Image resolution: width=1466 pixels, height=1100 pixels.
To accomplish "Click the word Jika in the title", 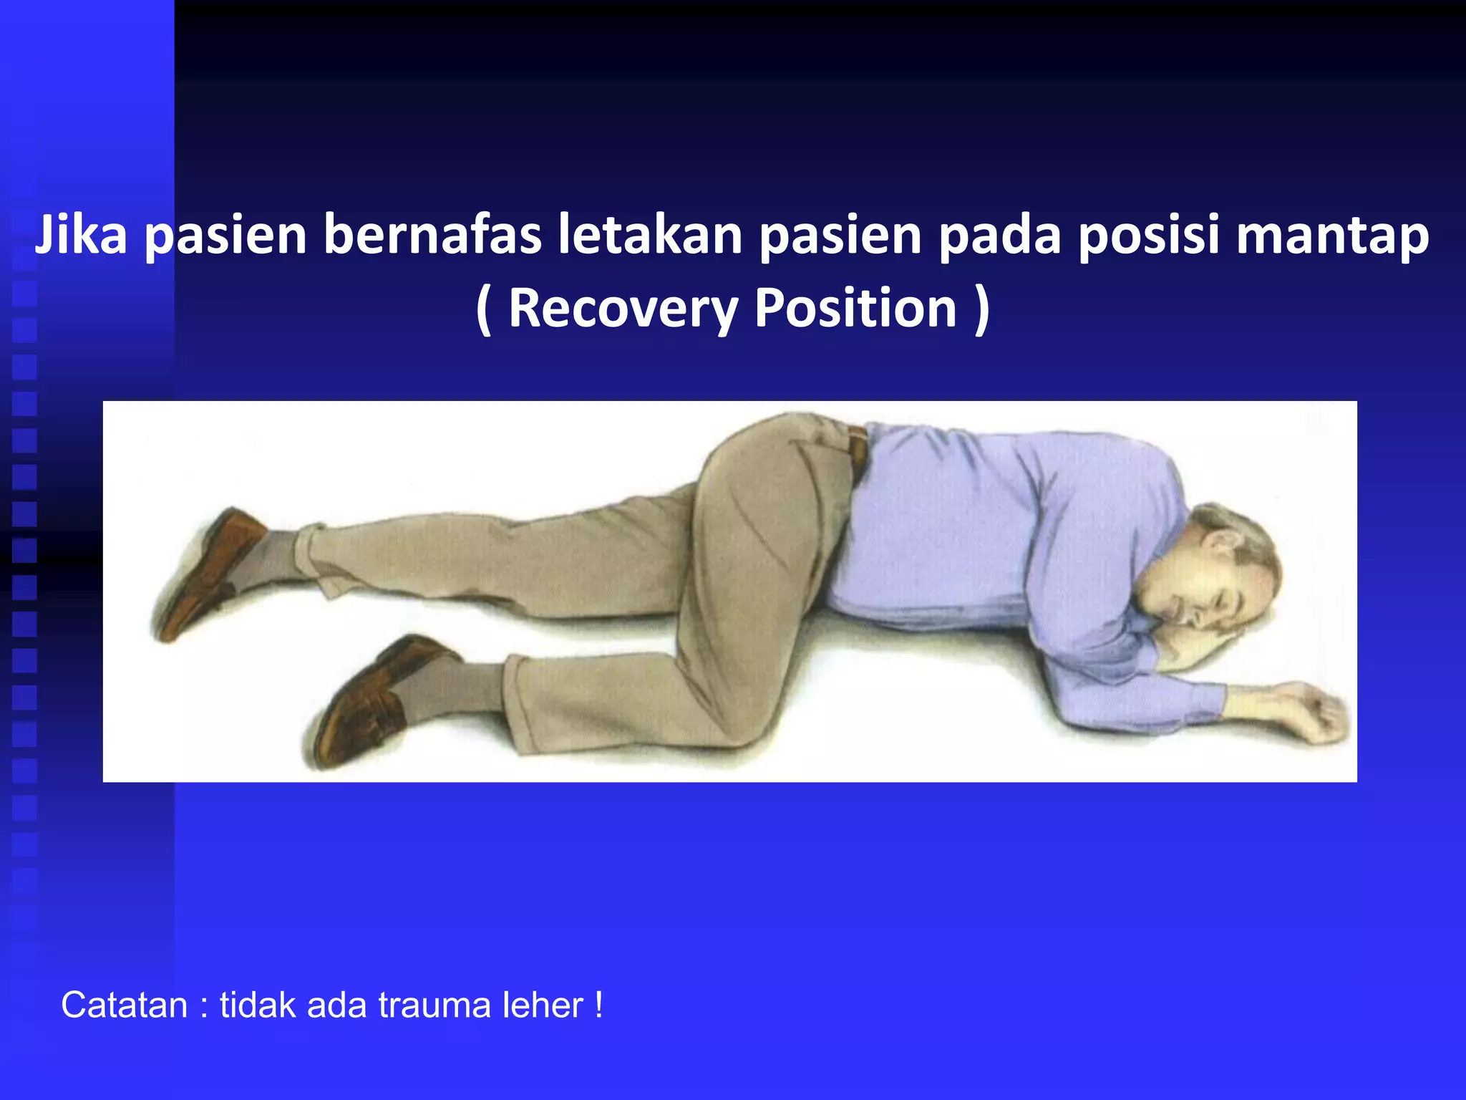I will (80, 236).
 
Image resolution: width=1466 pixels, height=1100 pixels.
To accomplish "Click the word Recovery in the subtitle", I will (622, 308).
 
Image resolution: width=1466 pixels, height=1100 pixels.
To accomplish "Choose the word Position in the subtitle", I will (855, 308).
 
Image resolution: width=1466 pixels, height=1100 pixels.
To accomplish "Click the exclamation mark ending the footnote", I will (598, 1005).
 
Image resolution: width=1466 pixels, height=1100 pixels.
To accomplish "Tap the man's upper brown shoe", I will (208, 573).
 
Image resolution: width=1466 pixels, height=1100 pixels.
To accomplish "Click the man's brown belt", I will (857, 451).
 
